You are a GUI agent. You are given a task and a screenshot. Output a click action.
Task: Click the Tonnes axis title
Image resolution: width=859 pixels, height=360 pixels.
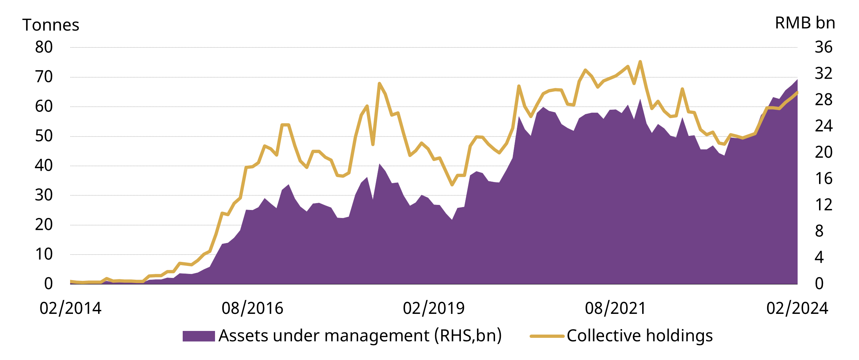pos(50,25)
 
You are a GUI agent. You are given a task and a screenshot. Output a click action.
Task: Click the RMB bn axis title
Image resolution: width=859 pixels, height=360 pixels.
pos(805,23)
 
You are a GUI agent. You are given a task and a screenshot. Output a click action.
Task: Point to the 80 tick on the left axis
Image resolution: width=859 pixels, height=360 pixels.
pos(44,47)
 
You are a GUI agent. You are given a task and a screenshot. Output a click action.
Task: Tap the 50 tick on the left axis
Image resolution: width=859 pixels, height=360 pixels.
pos(44,136)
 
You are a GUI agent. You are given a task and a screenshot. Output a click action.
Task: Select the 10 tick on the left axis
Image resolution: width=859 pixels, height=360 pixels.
pos(44,254)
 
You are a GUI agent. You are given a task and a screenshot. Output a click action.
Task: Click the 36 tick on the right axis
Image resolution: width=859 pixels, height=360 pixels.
pos(823,47)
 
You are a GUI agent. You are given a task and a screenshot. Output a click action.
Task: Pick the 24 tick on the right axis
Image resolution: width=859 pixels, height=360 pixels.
pos(823,126)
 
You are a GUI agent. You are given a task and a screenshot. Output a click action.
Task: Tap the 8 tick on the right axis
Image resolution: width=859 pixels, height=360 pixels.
pos(819,231)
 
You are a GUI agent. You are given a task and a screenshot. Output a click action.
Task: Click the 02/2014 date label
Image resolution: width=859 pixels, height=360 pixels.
pos(70,308)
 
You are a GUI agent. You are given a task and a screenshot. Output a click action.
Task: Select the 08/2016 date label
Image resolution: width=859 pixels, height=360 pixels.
pos(252,308)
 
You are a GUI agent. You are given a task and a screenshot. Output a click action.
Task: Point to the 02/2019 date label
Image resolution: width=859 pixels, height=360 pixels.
pos(434,308)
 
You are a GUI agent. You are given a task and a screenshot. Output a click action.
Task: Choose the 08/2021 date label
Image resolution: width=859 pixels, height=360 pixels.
pos(616,308)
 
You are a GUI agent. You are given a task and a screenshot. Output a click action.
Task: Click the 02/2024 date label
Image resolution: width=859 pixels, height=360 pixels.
pos(797,308)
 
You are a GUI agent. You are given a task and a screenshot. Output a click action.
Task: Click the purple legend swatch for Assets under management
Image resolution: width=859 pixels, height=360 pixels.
pos(199,336)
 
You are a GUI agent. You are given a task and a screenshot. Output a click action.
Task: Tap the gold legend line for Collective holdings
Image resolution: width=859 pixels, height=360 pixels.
pos(547,336)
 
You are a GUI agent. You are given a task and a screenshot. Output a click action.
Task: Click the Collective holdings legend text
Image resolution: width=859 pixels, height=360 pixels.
pos(640,336)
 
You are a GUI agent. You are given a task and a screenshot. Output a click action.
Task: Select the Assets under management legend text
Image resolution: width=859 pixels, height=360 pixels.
pos(360,336)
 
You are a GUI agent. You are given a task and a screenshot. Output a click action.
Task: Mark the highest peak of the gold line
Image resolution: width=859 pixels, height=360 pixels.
pos(640,62)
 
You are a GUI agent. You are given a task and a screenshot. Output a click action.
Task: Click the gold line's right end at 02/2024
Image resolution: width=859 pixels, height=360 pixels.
pos(797,93)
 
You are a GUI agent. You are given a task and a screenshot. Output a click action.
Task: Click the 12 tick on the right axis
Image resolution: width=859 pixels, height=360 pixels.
pos(823,205)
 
